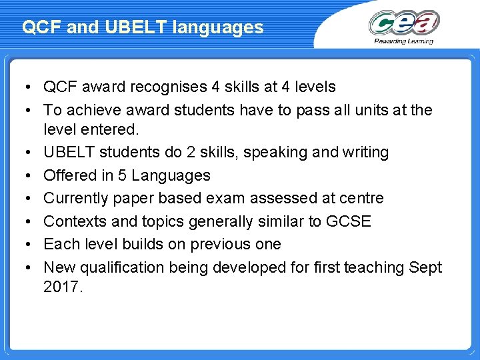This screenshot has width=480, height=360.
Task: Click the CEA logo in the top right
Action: [x=404, y=23]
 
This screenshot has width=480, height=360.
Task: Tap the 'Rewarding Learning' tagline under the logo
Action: [x=404, y=41]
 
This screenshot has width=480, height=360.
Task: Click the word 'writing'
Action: [x=365, y=152]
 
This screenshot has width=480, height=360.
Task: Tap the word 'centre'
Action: [x=361, y=198]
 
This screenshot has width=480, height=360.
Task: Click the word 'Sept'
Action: [x=426, y=267]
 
